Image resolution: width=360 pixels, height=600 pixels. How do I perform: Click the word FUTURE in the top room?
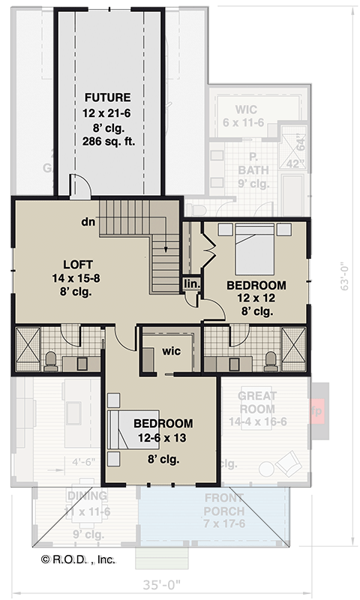coord(108,97)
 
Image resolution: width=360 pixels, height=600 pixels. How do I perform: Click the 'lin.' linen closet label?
coord(191,284)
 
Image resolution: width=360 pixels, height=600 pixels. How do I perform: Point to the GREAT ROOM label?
coord(257,402)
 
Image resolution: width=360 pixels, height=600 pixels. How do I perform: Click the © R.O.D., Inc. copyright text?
coord(79,559)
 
